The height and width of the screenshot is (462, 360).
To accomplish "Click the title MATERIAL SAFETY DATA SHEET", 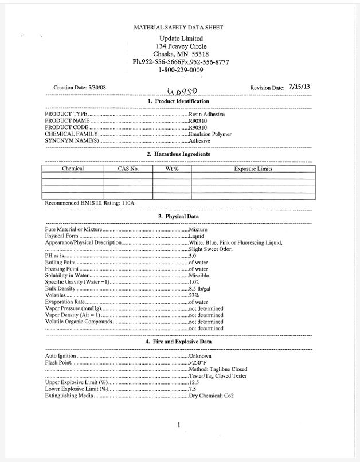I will [178, 27].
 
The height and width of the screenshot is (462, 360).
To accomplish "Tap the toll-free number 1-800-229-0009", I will [181, 70].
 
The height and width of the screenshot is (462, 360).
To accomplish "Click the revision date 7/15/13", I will [299, 86].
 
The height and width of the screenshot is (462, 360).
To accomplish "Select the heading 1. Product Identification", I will [178, 101].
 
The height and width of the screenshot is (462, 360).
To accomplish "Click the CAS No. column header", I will [128, 169].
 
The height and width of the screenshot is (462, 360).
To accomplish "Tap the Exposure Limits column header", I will [253, 169].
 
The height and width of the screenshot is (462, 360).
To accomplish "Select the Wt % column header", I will [171, 169].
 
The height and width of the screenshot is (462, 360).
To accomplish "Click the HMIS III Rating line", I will [89, 203].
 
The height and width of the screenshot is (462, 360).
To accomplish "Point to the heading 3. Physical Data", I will [178, 217].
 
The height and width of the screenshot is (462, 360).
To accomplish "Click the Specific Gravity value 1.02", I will [194, 283].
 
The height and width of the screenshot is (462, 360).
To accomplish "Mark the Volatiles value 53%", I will [194, 296].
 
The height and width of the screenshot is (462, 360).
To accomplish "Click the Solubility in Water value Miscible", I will [198, 276].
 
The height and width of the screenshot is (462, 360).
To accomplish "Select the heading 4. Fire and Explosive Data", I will [178, 342].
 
